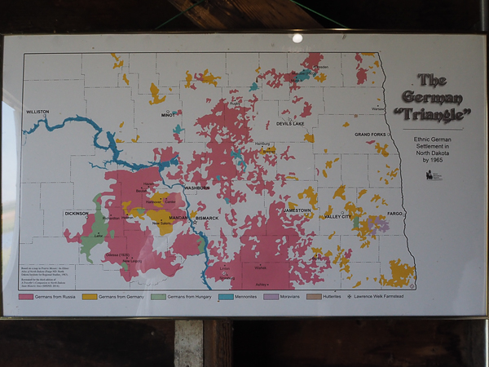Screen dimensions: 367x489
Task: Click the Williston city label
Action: [x=38, y=112]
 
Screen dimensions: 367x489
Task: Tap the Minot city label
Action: [x=169, y=115]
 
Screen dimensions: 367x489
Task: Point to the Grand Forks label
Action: [x=370, y=134]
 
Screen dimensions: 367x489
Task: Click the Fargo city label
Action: [x=395, y=213]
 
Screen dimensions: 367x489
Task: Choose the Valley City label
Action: [x=337, y=217]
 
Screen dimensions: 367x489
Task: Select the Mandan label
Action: [x=178, y=219]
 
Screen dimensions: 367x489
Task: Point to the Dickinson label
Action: [x=76, y=214]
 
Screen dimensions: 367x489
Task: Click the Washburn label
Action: [x=197, y=188]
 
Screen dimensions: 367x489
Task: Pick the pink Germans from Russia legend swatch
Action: [x=28, y=295]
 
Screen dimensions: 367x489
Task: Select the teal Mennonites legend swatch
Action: [x=226, y=295]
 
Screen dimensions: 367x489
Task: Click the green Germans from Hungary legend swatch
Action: [x=158, y=295]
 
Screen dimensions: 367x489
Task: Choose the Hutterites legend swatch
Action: [x=314, y=295]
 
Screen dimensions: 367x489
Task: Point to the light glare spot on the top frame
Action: [x=297, y=38]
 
